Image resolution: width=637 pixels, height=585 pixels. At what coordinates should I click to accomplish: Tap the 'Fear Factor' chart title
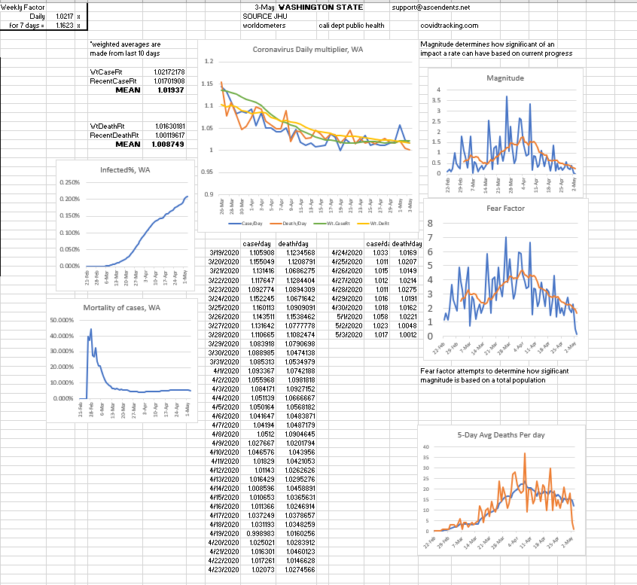coord(506,208)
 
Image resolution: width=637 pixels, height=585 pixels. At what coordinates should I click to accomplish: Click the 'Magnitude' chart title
coord(505,78)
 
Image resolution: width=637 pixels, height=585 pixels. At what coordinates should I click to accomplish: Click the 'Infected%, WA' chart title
coord(124,169)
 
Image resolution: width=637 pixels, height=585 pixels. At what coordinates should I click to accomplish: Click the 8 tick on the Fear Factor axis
coord(431,223)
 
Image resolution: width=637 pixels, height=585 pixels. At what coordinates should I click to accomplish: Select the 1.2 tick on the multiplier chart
coord(209,61)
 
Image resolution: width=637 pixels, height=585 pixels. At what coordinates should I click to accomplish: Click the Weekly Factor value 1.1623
coord(63,25)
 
